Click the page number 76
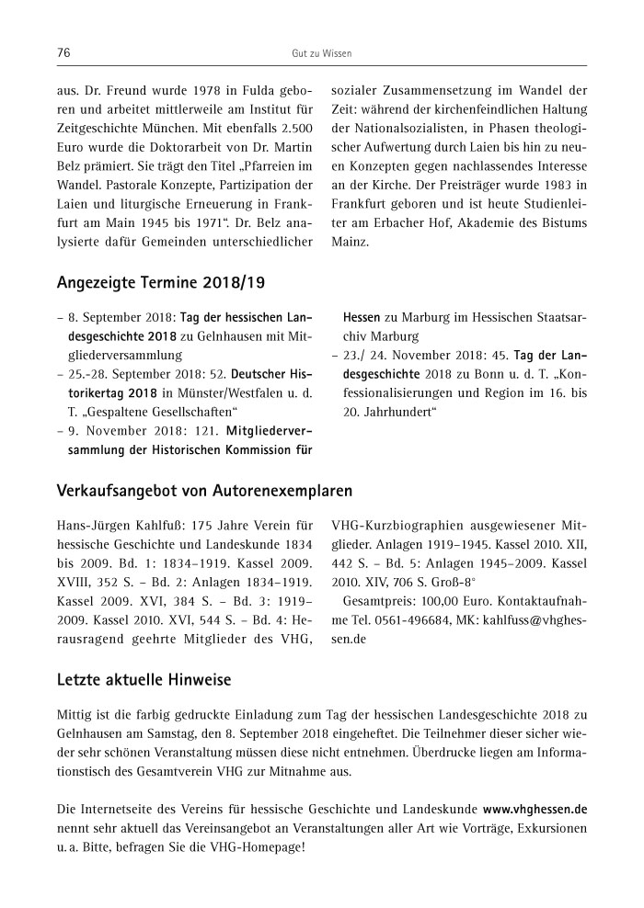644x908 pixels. pos(64,53)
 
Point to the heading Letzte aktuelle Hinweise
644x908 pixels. pos(144,679)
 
